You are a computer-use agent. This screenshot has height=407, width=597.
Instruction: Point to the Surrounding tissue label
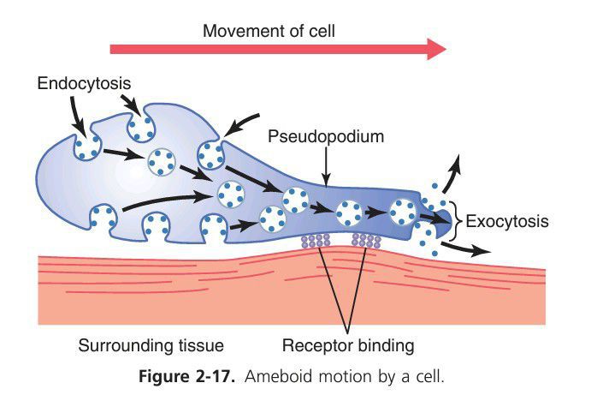pos(139,346)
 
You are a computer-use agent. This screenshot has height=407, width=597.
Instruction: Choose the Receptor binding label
pos(349,346)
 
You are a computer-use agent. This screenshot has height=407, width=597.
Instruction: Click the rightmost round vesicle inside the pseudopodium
pos(403,209)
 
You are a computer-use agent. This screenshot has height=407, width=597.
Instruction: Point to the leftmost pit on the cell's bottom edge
pos(104,221)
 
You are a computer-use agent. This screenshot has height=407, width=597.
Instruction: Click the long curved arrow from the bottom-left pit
pos(163,198)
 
